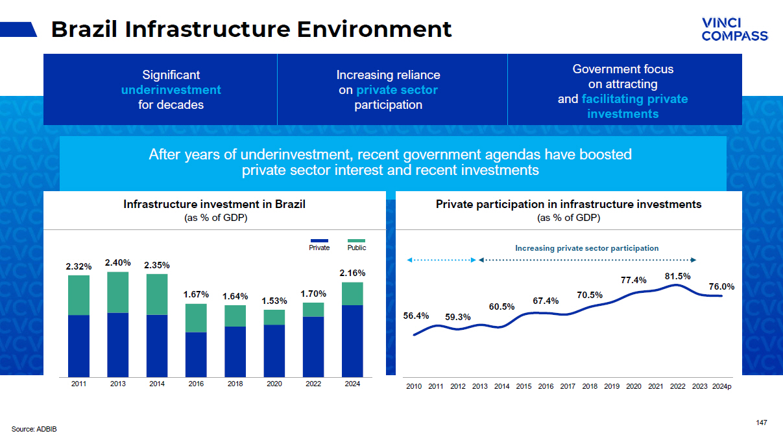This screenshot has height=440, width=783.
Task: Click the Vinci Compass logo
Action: click(x=734, y=29)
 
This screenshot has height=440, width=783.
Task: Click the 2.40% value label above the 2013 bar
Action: click(x=118, y=262)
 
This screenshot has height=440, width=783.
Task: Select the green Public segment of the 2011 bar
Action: click(x=79, y=295)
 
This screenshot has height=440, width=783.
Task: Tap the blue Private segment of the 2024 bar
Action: click(x=352, y=341)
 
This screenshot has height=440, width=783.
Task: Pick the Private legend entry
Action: click(x=319, y=247)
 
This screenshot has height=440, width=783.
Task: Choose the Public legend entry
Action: click(x=357, y=247)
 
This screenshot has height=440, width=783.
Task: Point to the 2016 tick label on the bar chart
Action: click(x=196, y=384)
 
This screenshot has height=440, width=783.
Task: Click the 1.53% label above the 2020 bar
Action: click(x=274, y=301)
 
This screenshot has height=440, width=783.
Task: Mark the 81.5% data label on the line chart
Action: click(x=677, y=276)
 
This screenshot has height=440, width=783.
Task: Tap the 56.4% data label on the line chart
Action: click(x=416, y=316)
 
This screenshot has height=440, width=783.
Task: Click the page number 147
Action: click(x=762, y=423)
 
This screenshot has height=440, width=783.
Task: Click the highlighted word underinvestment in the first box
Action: click(x=171, y=90)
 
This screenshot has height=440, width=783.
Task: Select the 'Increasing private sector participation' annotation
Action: click(x=586, y=248)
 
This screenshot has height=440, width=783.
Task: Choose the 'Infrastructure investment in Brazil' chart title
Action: click(x=214, y=204)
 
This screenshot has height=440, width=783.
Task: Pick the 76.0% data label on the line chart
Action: click(x=721, y=286)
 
